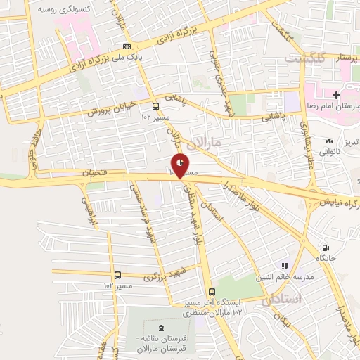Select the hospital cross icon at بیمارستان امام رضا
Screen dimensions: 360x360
pos(337,95)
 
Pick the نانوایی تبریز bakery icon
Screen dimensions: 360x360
pos(330,141)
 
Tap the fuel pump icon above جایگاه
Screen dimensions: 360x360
pos(325,247)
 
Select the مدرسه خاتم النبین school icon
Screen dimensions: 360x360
pos(285,266)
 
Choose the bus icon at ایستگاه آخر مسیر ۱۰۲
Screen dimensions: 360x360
pos(212,292)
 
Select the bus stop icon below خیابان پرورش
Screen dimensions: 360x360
pos(155,107)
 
